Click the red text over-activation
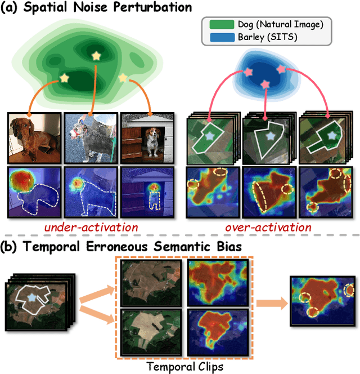[x=268, y=227]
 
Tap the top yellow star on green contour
[x=97, y=56]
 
